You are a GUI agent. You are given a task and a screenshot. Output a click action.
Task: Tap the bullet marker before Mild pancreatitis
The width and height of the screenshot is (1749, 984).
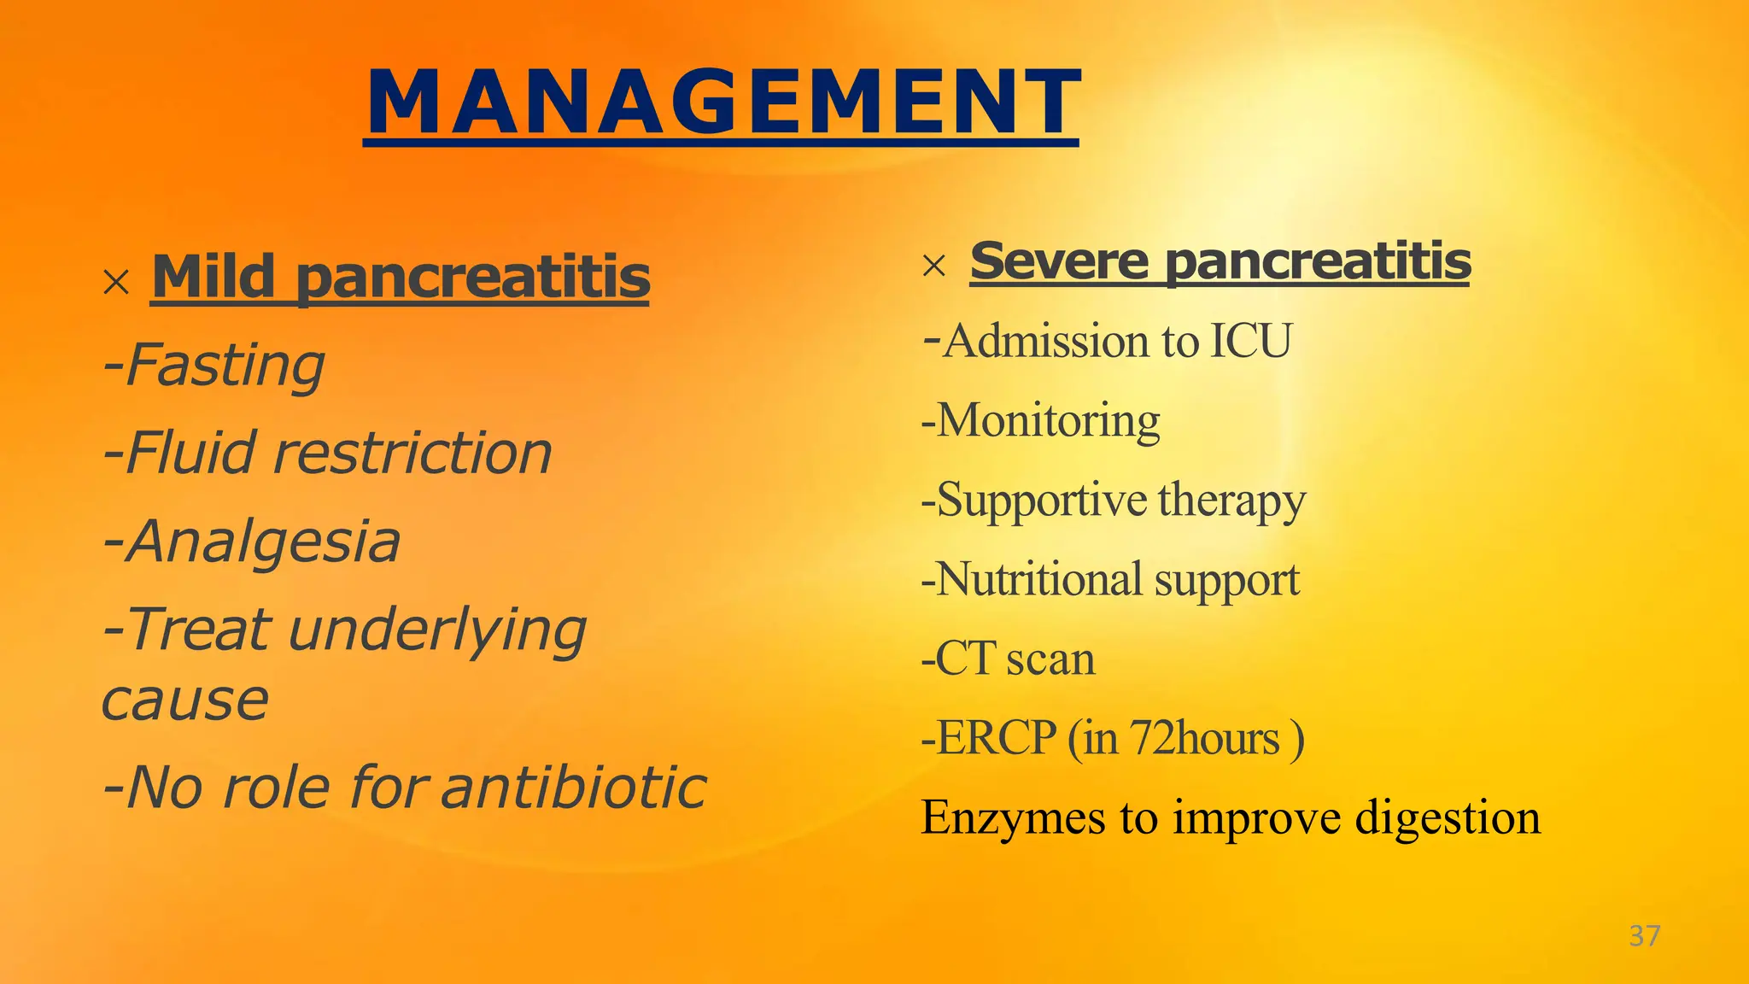[x=115, y=282]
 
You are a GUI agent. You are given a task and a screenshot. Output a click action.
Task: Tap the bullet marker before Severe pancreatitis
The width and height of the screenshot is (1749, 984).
[x=934, y=266]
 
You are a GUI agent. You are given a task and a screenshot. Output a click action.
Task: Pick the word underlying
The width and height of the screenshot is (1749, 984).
[x=438, y=630]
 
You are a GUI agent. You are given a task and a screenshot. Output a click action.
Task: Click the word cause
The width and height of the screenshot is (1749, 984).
[x=184, y=700]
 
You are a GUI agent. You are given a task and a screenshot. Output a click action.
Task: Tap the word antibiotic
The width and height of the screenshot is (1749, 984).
[x=574, y=787]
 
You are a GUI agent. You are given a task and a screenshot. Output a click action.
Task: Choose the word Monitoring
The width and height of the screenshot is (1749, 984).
[x=1048, y=420]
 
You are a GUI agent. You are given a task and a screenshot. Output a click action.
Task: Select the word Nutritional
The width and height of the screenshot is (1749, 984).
[x=1038, y=579]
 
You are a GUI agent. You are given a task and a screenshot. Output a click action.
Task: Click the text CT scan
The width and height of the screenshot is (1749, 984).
[x=1015, y=659]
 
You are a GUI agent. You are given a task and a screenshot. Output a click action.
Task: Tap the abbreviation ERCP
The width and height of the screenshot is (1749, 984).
[x=997, y=738]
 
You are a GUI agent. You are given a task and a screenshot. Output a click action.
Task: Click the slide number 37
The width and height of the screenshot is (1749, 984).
[x=1644, y=935]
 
